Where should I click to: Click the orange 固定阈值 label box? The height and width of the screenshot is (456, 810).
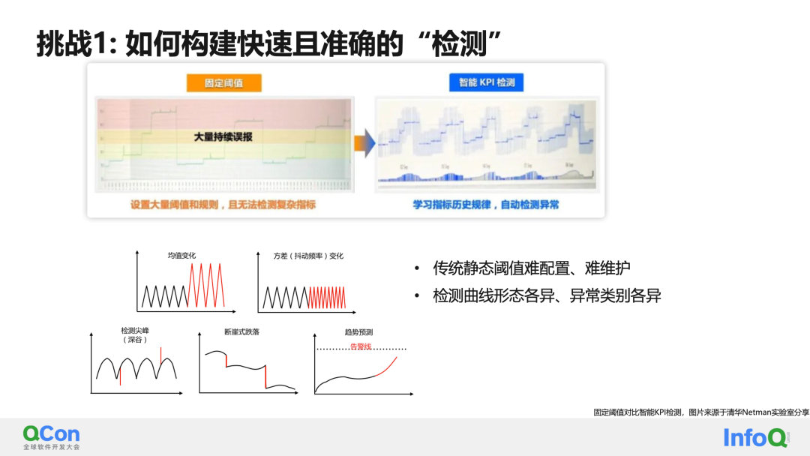click(x=224, y=82)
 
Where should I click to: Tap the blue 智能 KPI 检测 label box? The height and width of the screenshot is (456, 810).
click(x=486, y=82)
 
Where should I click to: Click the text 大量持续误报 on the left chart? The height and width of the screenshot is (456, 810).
click(x=223, y=137)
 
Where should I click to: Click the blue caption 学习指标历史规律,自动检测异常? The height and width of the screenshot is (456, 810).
click(x=485, y=204)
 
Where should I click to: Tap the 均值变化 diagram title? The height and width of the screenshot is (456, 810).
click(x=181, y=256)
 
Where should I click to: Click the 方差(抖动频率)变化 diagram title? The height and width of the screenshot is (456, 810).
click(x=308, y=256)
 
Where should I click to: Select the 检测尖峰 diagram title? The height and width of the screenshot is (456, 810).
click(x=135, y=331)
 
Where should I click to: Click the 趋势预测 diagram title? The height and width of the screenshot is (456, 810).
click(x=360, y=331)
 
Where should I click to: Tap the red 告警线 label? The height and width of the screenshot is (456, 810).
click(x=361, y=346)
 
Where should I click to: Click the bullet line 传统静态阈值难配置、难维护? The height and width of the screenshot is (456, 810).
click(x=531, y=268)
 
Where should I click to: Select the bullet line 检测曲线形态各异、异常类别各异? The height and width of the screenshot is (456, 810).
click(x=547, y=295)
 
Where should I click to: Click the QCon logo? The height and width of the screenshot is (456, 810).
click(x=51, y=436)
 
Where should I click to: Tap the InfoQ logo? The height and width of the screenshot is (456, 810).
click(x=755, y=437)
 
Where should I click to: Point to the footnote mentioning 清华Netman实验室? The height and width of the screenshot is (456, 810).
click(x=697, y=412)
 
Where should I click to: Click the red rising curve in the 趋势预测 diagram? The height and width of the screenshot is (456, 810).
click(x=384, y=366)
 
